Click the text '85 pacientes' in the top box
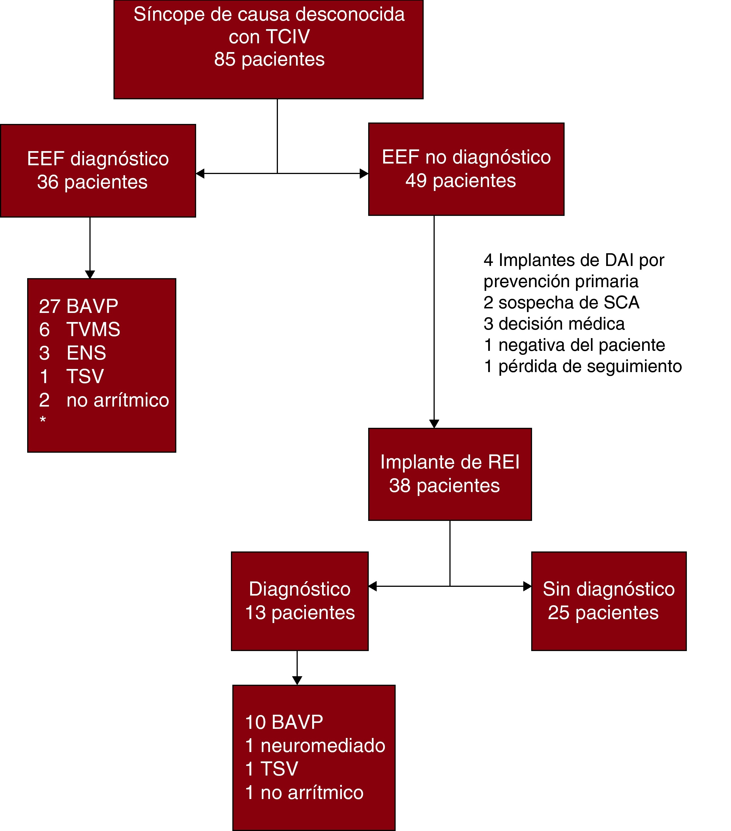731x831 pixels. click(x=269, y=59)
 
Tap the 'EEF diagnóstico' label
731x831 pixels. click(x=98, y=158)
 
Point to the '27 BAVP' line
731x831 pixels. click(x=78, y=306)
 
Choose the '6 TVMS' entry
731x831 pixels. click(x=80, y=329)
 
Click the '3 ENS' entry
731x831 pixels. click(x=72, y=353)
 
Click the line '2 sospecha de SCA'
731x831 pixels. click(x=561, y=302)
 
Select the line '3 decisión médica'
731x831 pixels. click(x=554, y=324)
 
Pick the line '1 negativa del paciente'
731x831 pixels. click(x=574, y=345)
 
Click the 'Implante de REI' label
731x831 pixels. click(x=450, y=462)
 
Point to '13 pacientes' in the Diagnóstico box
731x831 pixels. click(x=300, y=613)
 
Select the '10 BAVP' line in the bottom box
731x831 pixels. click(x=284, y=722)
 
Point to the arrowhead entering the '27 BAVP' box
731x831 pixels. click(x=90, y=274)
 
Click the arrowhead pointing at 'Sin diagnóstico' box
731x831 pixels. click(x=527, y=586)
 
